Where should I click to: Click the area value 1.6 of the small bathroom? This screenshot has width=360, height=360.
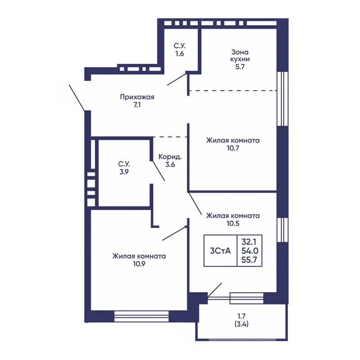180,54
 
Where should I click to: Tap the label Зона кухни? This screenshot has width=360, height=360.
240,55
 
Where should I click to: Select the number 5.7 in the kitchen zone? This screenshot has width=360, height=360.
240,67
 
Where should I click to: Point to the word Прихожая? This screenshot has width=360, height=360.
137,97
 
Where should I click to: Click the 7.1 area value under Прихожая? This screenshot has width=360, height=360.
137,105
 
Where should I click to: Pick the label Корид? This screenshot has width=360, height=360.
170,157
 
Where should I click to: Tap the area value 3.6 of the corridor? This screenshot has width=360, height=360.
170,165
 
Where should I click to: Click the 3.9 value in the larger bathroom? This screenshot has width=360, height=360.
124,172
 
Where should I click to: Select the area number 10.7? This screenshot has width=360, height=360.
233,148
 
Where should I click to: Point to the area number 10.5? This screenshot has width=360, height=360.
233,223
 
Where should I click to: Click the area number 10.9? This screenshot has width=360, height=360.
139,264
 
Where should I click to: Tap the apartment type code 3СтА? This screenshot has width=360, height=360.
220,251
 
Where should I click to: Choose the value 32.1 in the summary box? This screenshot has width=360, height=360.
249,242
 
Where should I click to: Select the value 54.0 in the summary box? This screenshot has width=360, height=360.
250,251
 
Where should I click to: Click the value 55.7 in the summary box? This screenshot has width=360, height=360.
249,260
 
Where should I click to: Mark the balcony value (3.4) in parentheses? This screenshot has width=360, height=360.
242,324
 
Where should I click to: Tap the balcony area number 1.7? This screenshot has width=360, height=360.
242,316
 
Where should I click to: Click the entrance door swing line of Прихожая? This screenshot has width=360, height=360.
77,98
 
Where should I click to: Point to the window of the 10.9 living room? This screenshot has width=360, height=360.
141,316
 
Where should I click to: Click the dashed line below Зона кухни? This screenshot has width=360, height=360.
233,91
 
